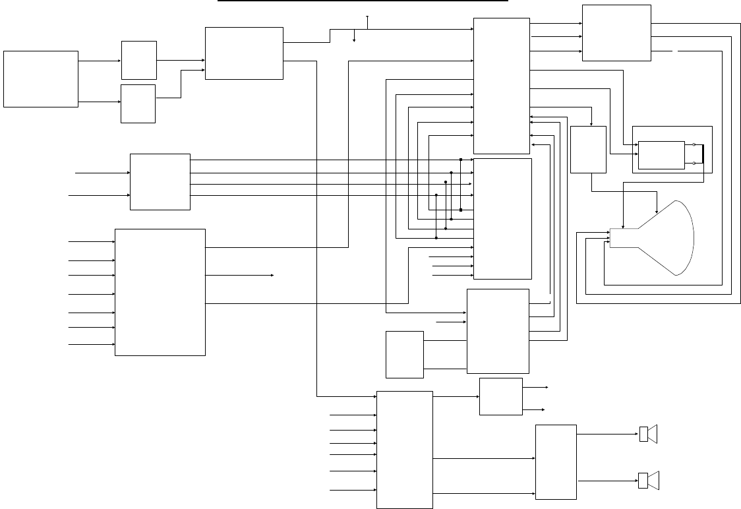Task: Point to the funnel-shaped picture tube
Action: click(x=666, y=237)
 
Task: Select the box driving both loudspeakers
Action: click(x=556, y=462)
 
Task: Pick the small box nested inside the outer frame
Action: click(x=661, y=155)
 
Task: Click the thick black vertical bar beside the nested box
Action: click(x=703, y=154)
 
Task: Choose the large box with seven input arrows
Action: click(x=160, y=292)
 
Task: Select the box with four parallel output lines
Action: click(x=160, y=182)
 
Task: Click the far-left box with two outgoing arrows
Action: click(x=40, y=78)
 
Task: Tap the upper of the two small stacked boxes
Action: click(x=138, y=60)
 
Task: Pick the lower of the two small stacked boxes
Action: click(x=138, y=104)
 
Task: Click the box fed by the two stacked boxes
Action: click(x=244, y=53)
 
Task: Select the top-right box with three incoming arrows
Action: click(x=616, y=33)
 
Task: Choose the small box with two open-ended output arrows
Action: click(x=500, y=396)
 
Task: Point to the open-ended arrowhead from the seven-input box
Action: click(x=272, y=275)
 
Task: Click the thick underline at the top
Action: click(x=363, y=1)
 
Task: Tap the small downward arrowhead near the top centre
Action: click(x=354, y=40)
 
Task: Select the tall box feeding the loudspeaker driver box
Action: click(x=404, y=450)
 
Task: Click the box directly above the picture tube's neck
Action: click(x=587, y=150)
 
